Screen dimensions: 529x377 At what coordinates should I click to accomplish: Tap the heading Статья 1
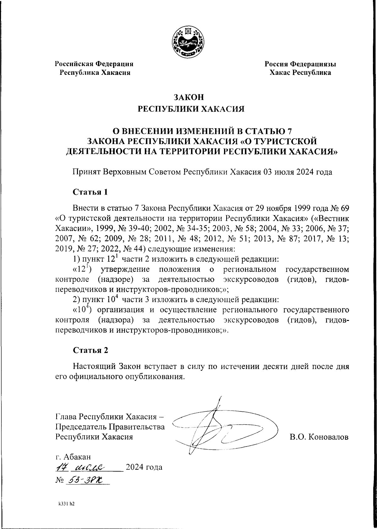pyautogui.click(x=90, y=192)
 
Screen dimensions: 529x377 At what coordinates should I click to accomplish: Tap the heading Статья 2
pyautogui.click(x=90, y=350)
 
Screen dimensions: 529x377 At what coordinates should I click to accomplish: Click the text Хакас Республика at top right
pyautogui.click(x=300, y=73)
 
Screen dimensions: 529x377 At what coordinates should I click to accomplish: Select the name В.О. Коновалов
pyautogui.click(x=319, y=437)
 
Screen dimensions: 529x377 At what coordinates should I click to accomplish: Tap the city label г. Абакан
pyautogui.click(x=73, y=456)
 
